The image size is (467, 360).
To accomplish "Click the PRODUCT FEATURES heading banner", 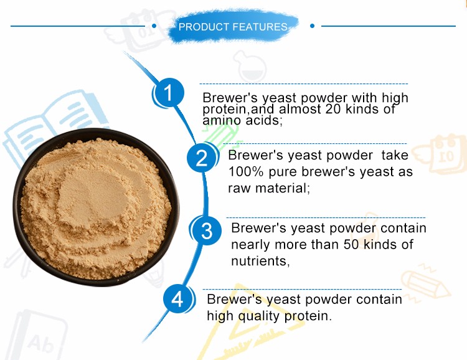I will coord(233,27).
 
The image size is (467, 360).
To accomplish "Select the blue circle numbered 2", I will coord(202,158).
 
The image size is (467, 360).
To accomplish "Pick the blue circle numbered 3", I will coord(207,230).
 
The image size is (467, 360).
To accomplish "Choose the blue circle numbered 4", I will coord(178,300).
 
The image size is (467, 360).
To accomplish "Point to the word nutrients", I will coord(260,261).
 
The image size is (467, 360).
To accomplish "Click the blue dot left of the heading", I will coord(154,26).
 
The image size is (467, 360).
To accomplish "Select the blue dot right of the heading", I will coord(312,26).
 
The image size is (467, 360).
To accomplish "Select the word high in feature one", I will coord(395,98).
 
